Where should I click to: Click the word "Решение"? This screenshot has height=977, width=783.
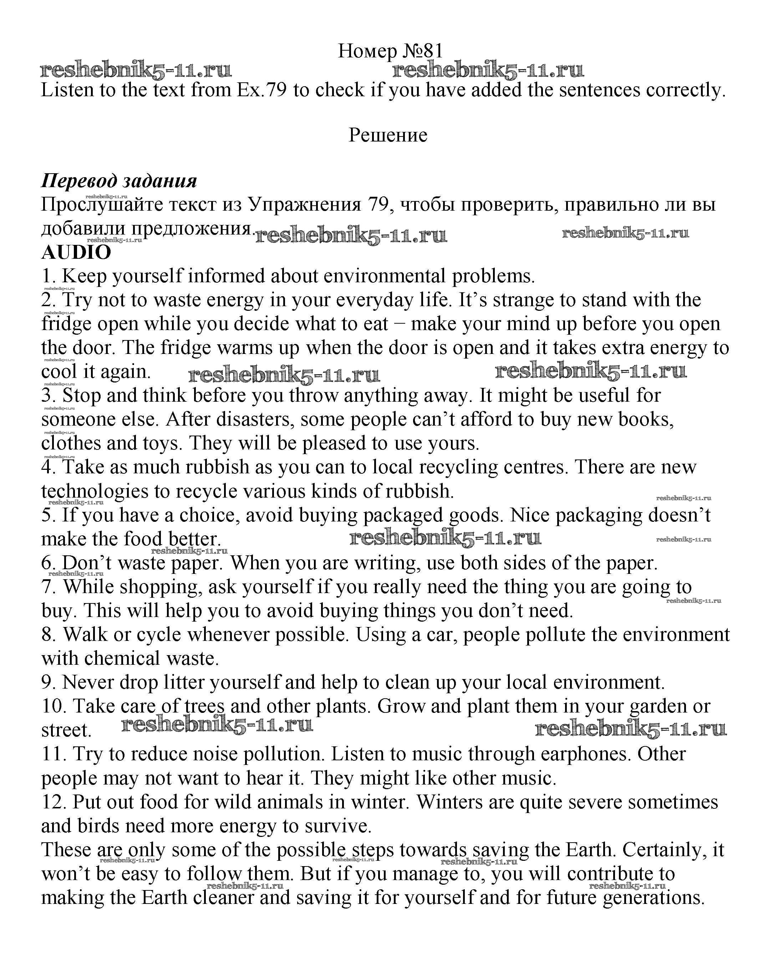tap(388, 135)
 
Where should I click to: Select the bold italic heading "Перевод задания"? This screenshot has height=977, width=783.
tap(119, 181)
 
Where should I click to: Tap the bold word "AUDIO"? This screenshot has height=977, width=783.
tap(76, 252)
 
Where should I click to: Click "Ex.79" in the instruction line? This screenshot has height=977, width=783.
tap(261, 90)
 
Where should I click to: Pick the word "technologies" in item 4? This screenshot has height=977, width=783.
tap(94, 491)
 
